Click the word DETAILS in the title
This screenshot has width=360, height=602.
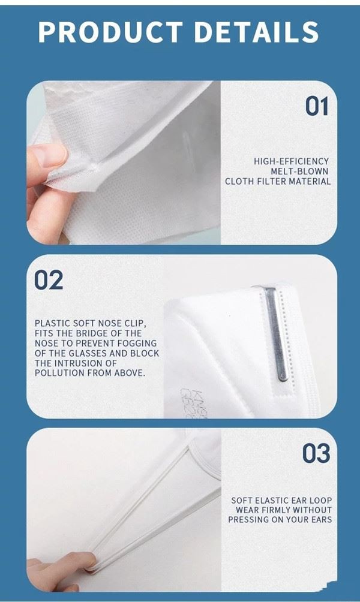click(x=257, y=32)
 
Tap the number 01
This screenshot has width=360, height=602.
click(x=317, y=106)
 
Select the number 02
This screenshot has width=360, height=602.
click(x=49, y=280)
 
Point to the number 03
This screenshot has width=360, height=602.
click(x=316, y=453)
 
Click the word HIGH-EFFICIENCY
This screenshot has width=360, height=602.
click(x=291, y=161)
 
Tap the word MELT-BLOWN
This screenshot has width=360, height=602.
click(x=299, y=171)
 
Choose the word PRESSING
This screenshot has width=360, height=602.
click(x=247, y=519)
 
